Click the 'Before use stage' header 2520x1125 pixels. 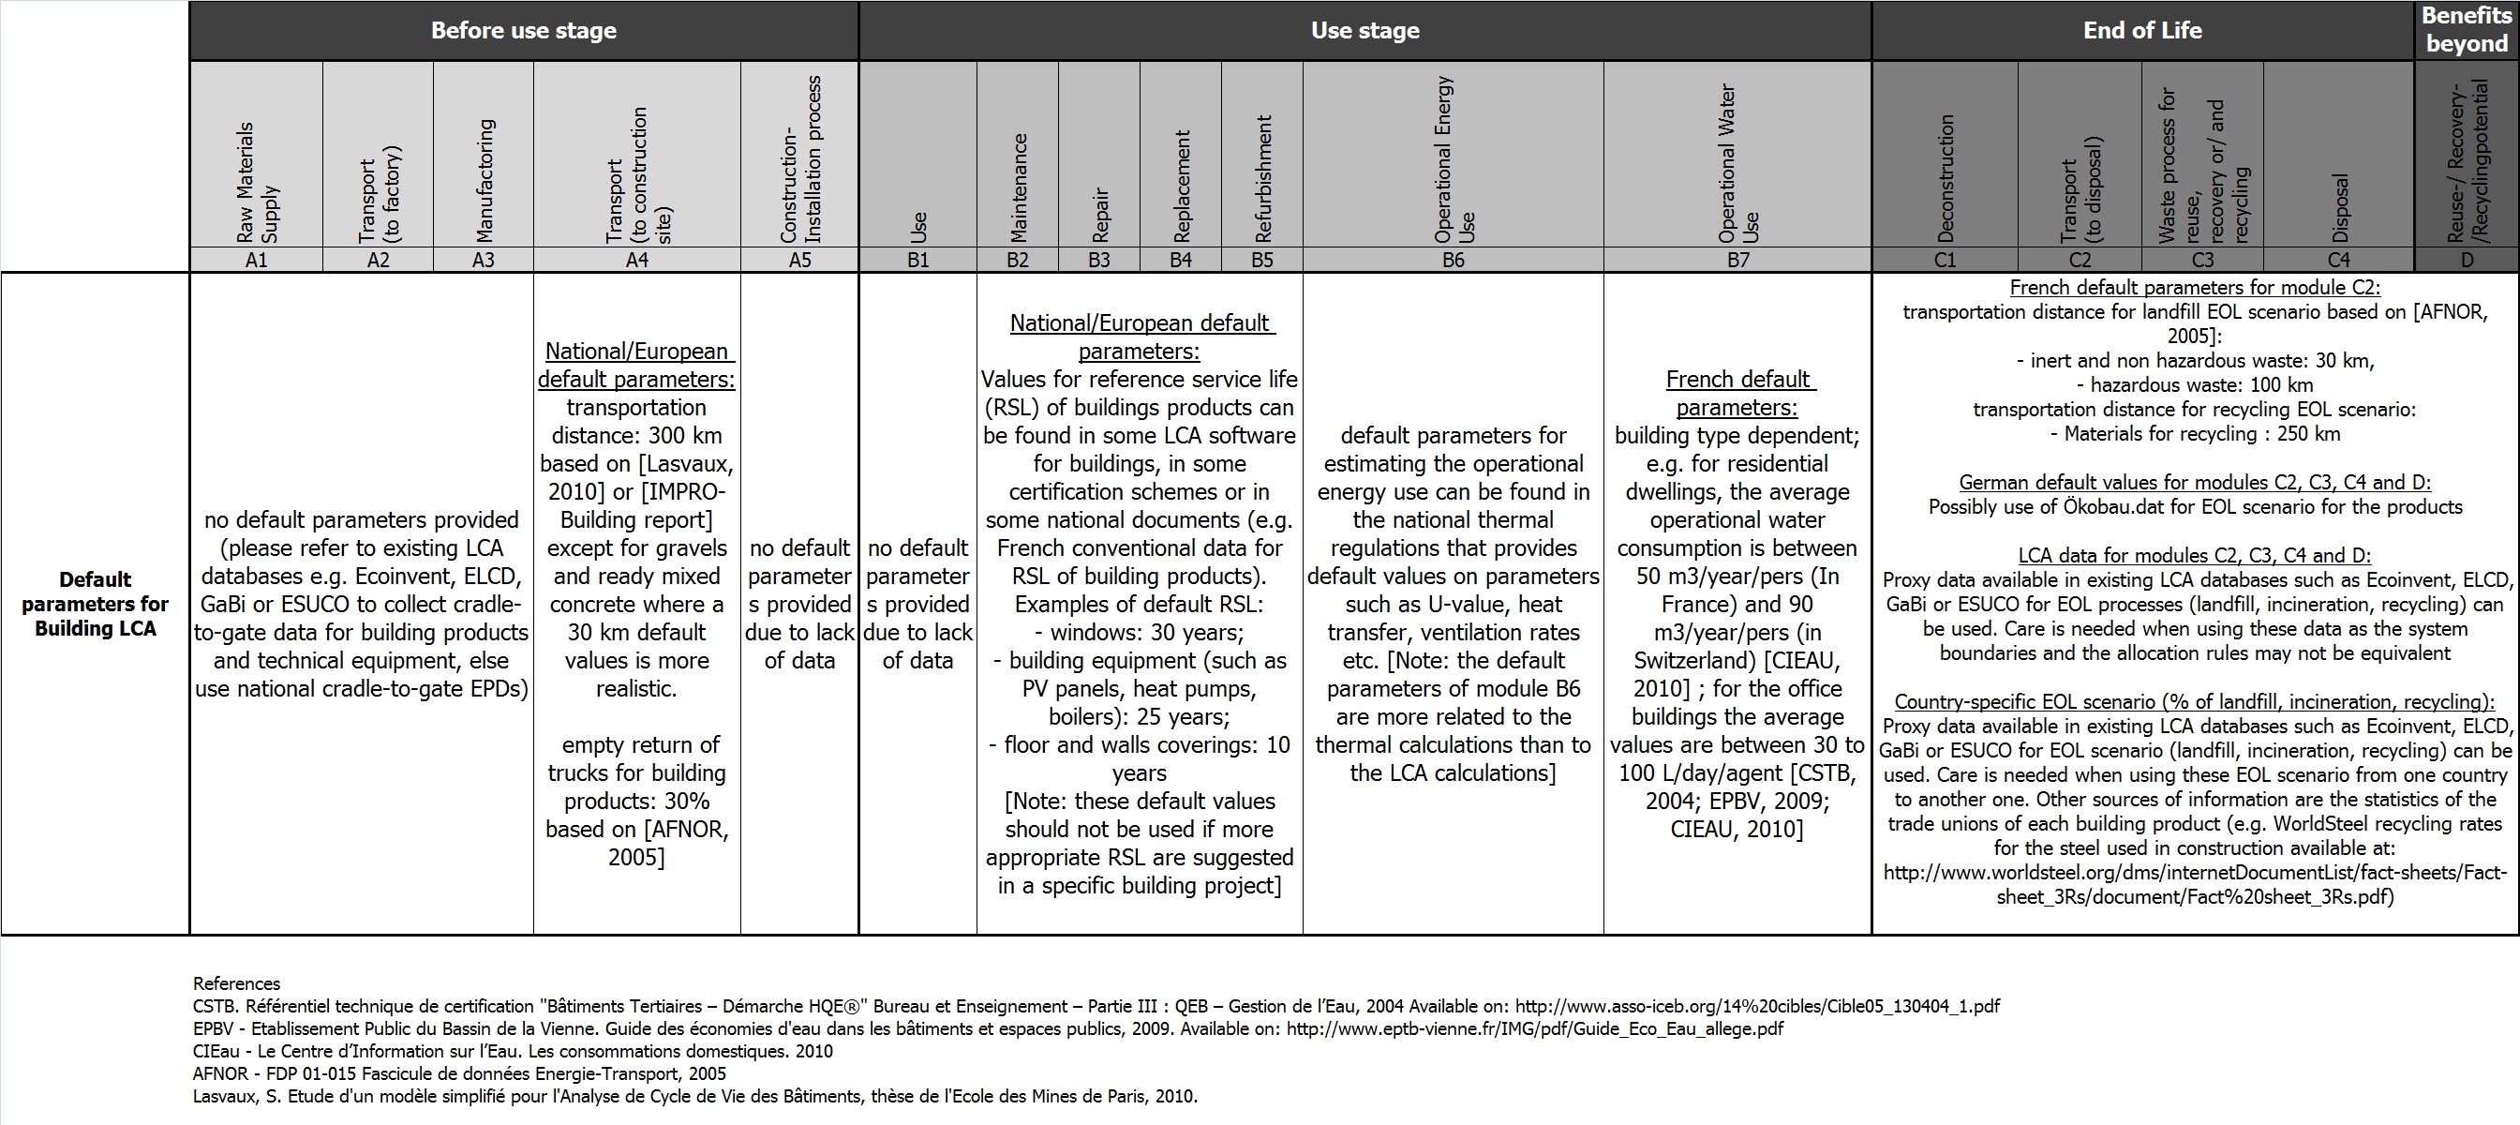523,30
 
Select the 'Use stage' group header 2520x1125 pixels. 1364,30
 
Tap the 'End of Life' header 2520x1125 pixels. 2142,30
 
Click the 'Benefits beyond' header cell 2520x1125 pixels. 2467,29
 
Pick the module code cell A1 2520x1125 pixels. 256,260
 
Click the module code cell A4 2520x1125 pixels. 637,260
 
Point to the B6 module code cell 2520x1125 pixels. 1453,260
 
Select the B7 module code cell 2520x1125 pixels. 1737,260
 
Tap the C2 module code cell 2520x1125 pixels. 2080,260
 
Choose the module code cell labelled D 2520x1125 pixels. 2467,260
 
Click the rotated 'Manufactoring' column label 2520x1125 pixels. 485,181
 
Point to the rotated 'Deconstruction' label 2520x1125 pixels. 1946,179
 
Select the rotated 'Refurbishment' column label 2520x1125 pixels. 1263,179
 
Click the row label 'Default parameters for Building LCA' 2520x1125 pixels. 95,604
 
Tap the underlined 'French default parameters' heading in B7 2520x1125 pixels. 1737,393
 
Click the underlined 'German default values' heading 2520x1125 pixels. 2194,482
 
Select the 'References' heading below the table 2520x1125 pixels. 237,983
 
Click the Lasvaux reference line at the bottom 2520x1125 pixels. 694,1096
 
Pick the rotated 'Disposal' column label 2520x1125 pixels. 2339,208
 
